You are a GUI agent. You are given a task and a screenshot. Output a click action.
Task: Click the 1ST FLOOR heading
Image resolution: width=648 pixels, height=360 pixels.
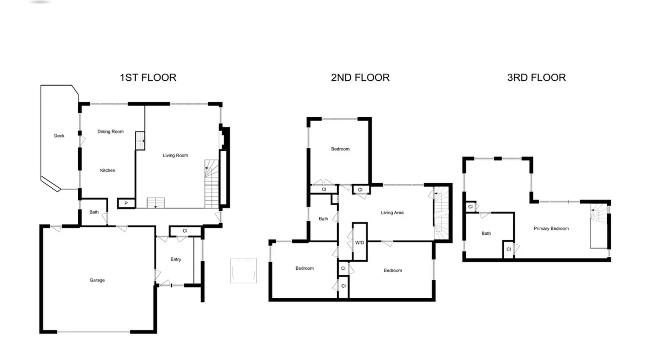(148, 77)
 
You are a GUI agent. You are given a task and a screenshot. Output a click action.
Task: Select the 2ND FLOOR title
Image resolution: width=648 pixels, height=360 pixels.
(360, 77)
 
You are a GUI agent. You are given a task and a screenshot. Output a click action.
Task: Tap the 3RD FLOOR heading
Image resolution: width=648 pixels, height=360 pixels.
(536, 77)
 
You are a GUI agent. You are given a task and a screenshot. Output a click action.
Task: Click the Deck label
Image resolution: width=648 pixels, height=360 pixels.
(59, 136)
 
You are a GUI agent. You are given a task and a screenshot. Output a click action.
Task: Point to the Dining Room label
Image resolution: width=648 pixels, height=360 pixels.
(111, 131)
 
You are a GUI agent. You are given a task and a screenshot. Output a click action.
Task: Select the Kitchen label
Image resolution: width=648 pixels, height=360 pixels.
(108, 170)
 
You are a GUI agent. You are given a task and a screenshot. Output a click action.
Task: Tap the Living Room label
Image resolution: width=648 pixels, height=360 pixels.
(175, 155)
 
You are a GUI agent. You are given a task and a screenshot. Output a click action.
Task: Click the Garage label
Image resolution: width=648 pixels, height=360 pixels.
(97, 280)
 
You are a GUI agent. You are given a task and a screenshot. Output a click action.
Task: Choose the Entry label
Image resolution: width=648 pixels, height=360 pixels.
(176, 259)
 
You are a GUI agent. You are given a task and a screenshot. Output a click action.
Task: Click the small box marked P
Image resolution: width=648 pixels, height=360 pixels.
(126, 203)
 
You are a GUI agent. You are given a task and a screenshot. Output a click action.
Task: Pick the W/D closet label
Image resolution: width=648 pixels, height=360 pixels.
(360, 243)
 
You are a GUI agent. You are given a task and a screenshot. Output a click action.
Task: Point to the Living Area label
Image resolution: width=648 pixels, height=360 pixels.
(392, 212)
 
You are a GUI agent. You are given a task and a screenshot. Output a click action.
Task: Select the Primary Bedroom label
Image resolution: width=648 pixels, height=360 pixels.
(551, 228)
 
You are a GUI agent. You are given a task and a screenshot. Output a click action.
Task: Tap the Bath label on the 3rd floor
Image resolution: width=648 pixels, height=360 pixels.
(486, 233)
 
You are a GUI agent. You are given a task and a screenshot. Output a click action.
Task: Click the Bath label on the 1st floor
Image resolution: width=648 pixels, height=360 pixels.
(94, 212)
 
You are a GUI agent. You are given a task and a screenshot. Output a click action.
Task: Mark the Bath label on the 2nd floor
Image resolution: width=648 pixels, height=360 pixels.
(323, 219)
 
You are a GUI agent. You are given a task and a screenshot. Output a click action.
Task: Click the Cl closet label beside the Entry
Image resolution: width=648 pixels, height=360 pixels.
(185, 231)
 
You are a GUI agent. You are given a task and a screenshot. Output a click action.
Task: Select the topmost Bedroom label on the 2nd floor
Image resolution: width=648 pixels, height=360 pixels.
(340, 149)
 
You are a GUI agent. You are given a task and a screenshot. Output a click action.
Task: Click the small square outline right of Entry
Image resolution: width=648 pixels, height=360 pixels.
(243, 270)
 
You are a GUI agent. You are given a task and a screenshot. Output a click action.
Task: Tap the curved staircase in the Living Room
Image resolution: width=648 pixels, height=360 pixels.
(212, 184)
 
